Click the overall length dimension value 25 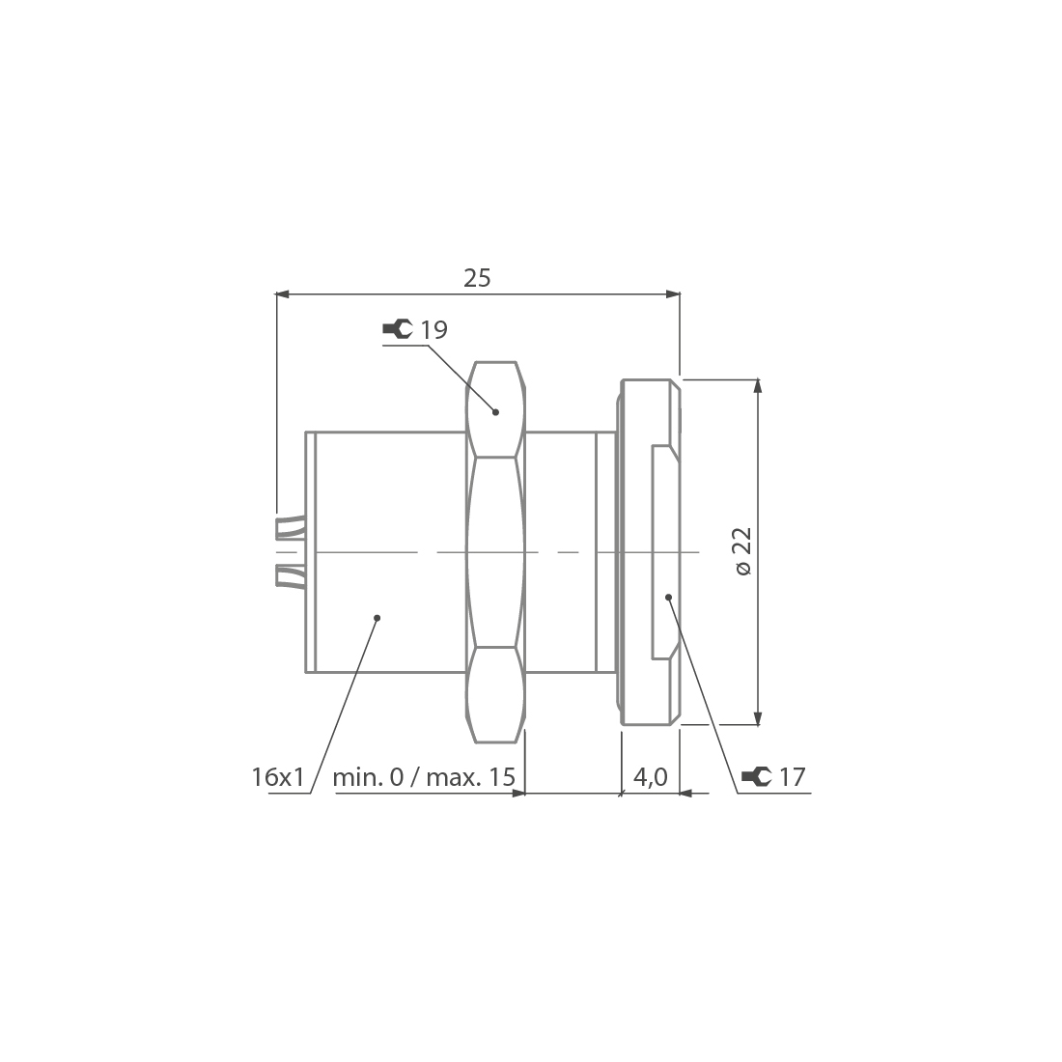pos(477,278)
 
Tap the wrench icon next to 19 pos(397,330)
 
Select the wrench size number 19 pos(434,330)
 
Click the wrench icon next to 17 pos(756,776)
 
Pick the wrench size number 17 pos(792,776)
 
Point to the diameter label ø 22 pos(743,551)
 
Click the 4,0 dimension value pos(650,776)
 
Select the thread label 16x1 pos(278,776)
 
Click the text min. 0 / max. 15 pos(423,776)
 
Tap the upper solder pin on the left pos(290,527)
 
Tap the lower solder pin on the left pos(290,575)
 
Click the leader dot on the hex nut pos(496,412)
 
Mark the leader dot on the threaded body pos(377,618)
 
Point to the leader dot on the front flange pos(668,598)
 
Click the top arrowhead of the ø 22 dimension pos(758,385)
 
